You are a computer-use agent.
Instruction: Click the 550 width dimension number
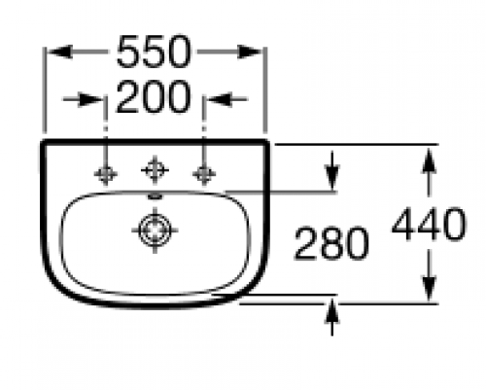pos(154,52)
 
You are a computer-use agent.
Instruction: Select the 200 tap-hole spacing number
pos(154,97)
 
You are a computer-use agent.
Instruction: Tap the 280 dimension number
pos(330,243)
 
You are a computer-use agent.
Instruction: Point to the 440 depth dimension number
pos(429,224)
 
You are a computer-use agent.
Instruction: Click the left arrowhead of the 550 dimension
pos(60,52)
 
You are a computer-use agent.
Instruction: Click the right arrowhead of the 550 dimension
pos(249,52)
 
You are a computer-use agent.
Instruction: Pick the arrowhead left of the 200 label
pos(90,99)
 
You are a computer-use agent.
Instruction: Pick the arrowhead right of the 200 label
pos(220,99)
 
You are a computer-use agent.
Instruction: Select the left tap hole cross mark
pos(106,175)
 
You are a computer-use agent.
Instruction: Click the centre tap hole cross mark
pos(155,170)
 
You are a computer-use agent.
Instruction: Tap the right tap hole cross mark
pos(204,174)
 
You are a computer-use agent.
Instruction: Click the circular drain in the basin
pos(155,230)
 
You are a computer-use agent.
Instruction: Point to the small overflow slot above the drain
pos(155,196)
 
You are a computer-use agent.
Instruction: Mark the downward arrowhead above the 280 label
pos(332,177)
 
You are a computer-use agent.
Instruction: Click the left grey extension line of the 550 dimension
pos(45,90)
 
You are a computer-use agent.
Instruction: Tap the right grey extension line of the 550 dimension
pos(265,90)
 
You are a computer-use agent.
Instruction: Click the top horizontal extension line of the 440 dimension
pos(357,144)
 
